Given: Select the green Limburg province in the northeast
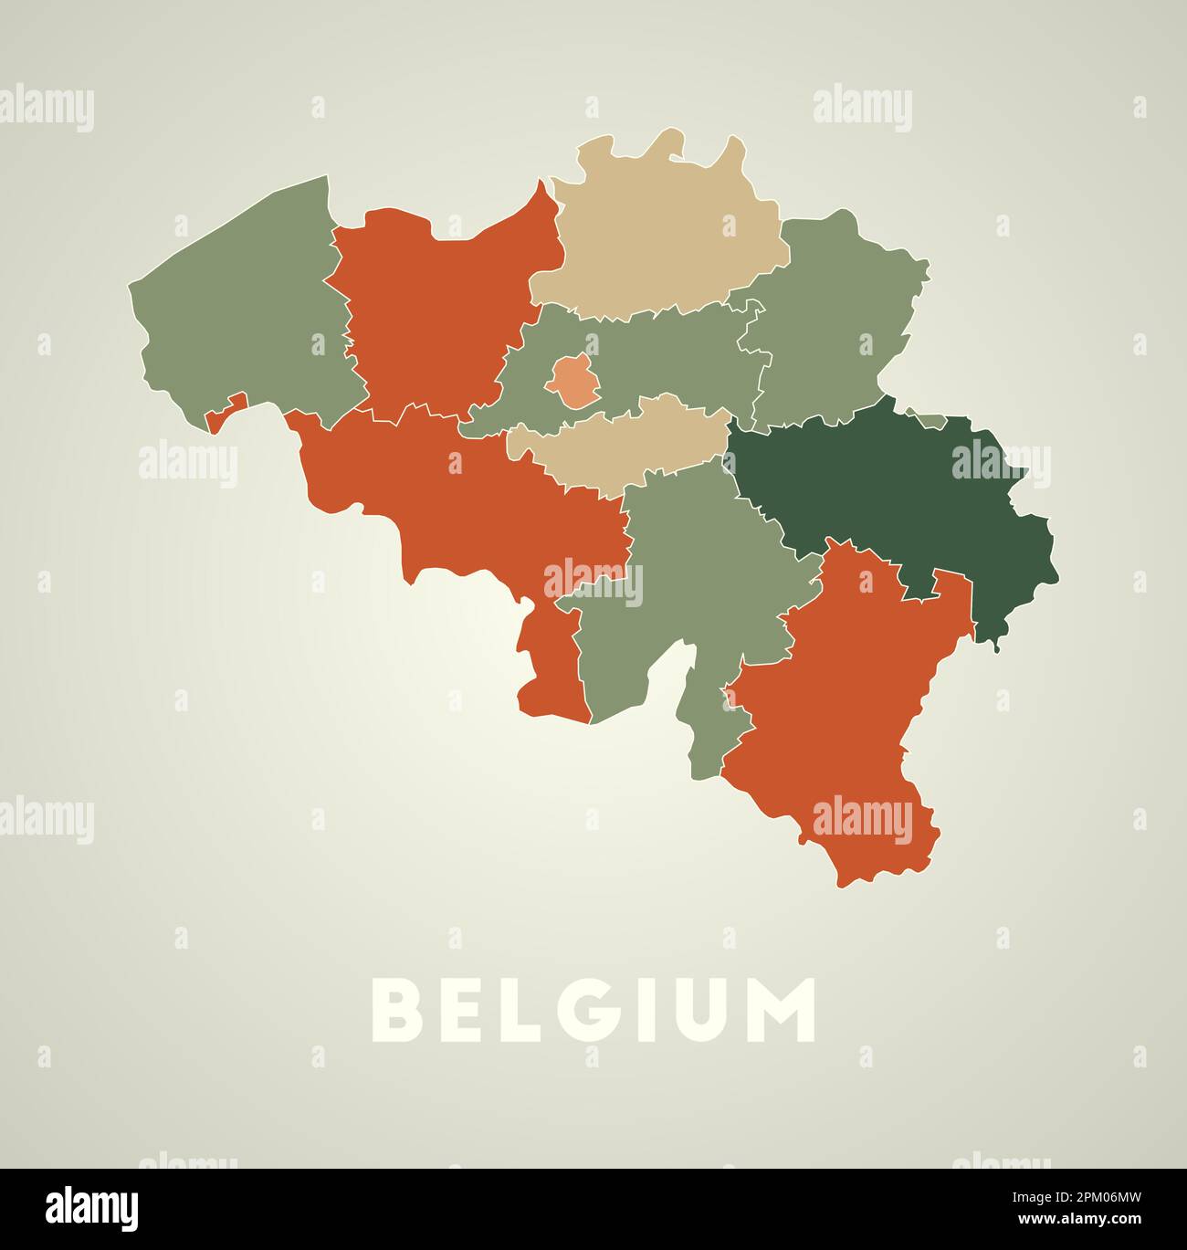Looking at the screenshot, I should click(x=831, y=310).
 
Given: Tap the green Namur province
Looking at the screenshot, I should click(x=694, y=566).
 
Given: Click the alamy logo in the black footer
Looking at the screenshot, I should click(x=92, y=1208).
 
